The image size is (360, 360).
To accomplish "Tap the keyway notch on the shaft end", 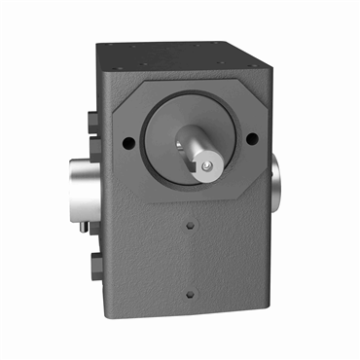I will (x=208, y=171).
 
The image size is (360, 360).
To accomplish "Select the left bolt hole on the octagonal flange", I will (x=129, y=142).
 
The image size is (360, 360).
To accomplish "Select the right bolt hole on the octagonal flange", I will (x=254, y=137).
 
